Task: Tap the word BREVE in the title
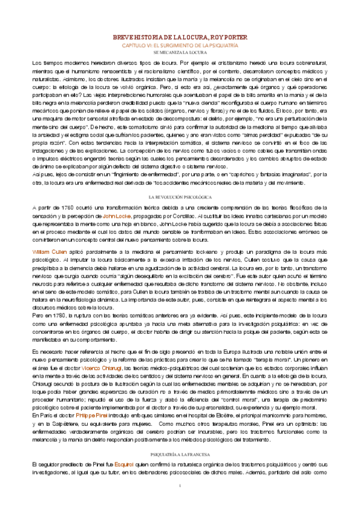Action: point(126,37)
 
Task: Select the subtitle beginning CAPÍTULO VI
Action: point(180,45)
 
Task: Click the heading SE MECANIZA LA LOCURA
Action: point(180,52)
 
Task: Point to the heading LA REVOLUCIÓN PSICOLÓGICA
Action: point(180,180)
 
